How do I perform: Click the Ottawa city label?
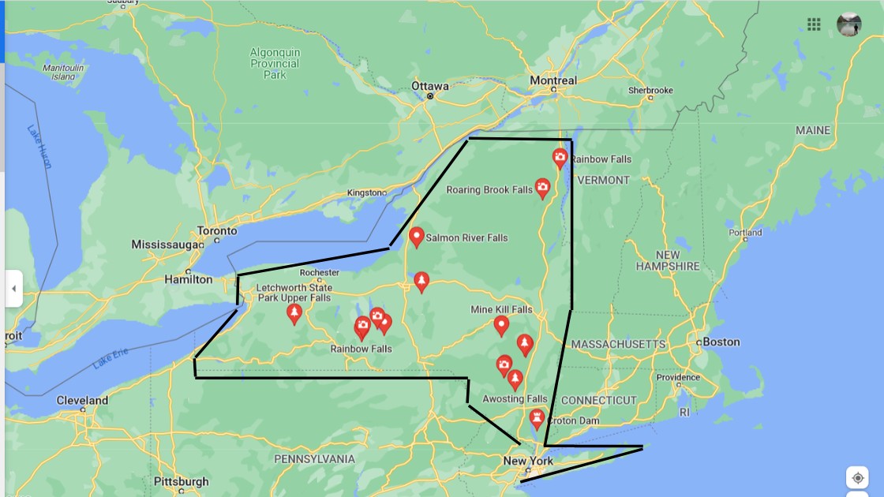pos(429,86)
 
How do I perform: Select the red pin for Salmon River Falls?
pos(417,236)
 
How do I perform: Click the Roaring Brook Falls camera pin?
pos(542,187)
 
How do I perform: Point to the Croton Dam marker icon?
pos(538,417)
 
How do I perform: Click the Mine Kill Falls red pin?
pos(501,324)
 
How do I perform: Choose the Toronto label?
pos(216,231)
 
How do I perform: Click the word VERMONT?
pos(604,180)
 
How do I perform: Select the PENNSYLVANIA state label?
pos(314,458)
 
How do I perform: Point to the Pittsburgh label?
pos(181,481)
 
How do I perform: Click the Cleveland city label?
pos(82,400)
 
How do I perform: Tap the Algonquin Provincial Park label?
pos(275,63)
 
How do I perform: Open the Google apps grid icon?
pos(814,24)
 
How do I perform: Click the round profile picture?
pos(848,24)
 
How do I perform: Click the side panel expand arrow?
pos(13,289)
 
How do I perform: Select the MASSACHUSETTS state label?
pos(618,345)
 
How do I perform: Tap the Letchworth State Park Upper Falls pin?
pos(294,313)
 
